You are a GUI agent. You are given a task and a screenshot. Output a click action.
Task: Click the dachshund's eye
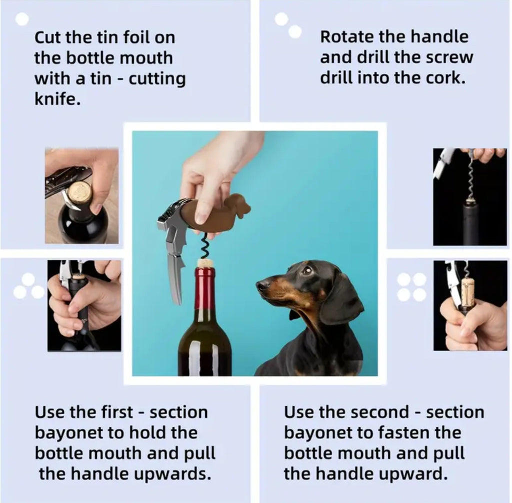coord(307,270)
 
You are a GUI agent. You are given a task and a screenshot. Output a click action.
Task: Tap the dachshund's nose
coord(260,285)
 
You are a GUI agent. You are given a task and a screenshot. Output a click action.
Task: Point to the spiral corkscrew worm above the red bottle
coord(204,246)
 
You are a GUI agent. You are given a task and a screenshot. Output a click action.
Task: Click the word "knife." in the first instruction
coord(57,99)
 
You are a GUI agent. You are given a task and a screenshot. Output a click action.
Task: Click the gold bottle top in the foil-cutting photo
coord(80,192)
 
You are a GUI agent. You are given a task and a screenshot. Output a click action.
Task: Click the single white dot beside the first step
coord(22,19)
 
